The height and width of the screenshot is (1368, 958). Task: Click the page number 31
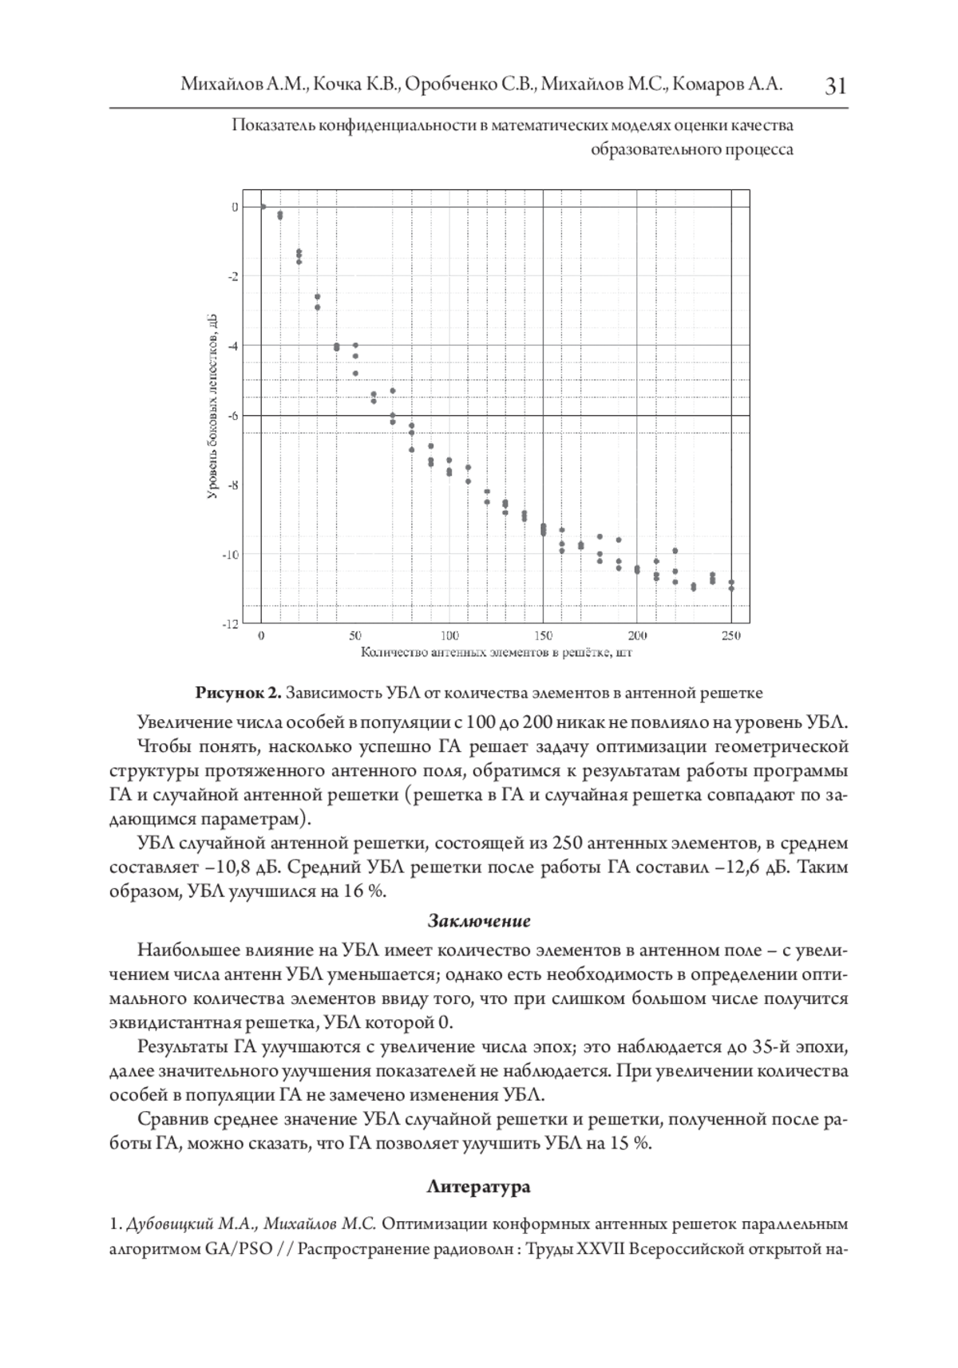(x=834, y=85)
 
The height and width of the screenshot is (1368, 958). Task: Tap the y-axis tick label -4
(x=232, y=346)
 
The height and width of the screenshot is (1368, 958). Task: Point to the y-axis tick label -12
(x=229, y=623)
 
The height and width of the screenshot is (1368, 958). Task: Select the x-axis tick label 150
(x=543, y=636)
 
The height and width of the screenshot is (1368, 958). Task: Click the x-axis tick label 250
(x=730, y=636)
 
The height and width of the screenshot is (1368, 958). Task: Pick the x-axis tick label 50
(x=355, y=636)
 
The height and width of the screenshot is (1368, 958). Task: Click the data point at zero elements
(x=263, y=207)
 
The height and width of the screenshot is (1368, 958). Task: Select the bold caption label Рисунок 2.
(x=239, y=691)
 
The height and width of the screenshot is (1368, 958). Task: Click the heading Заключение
(x=479, y=921)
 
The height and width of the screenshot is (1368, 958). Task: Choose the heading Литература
(x=479, y=1187)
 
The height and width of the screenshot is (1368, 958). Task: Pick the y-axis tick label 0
(x=235, y=207)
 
